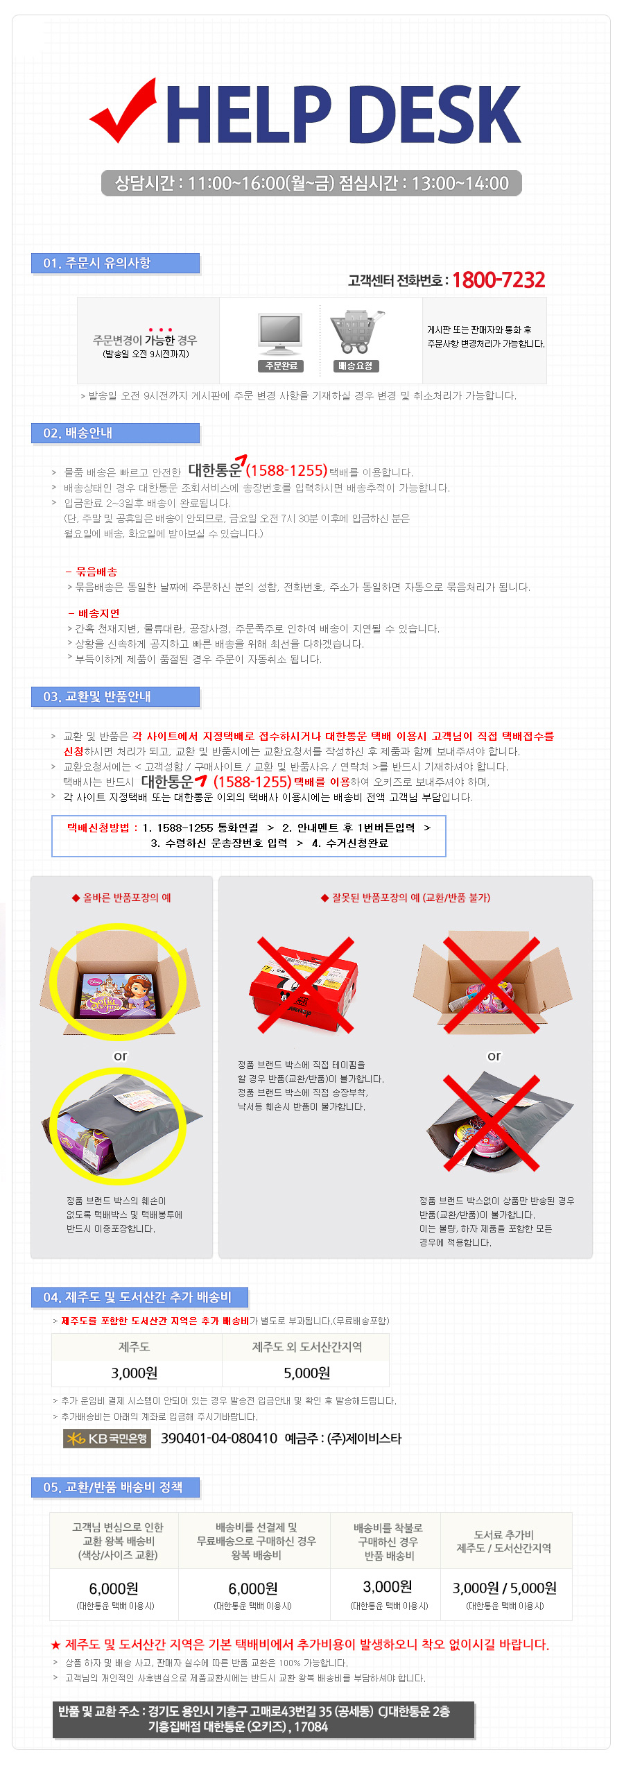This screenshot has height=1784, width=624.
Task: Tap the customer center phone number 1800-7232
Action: click(499, 280)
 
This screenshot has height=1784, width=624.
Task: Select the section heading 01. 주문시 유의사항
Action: click(97, 264)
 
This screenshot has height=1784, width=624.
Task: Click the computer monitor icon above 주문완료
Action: click(280, 335)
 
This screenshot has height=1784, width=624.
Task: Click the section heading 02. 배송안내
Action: click(78, 434)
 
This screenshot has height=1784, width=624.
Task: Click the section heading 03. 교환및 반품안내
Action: click(97, 697)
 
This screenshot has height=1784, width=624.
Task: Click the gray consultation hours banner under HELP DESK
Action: click(311, 183)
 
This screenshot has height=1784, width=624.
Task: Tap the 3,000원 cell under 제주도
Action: click(135, 1373)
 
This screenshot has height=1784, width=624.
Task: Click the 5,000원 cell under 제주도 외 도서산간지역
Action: click(306, 1373)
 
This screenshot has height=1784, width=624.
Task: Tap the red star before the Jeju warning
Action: click(56, 1645)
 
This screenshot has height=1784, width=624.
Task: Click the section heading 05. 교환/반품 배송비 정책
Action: click(113, 1488)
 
